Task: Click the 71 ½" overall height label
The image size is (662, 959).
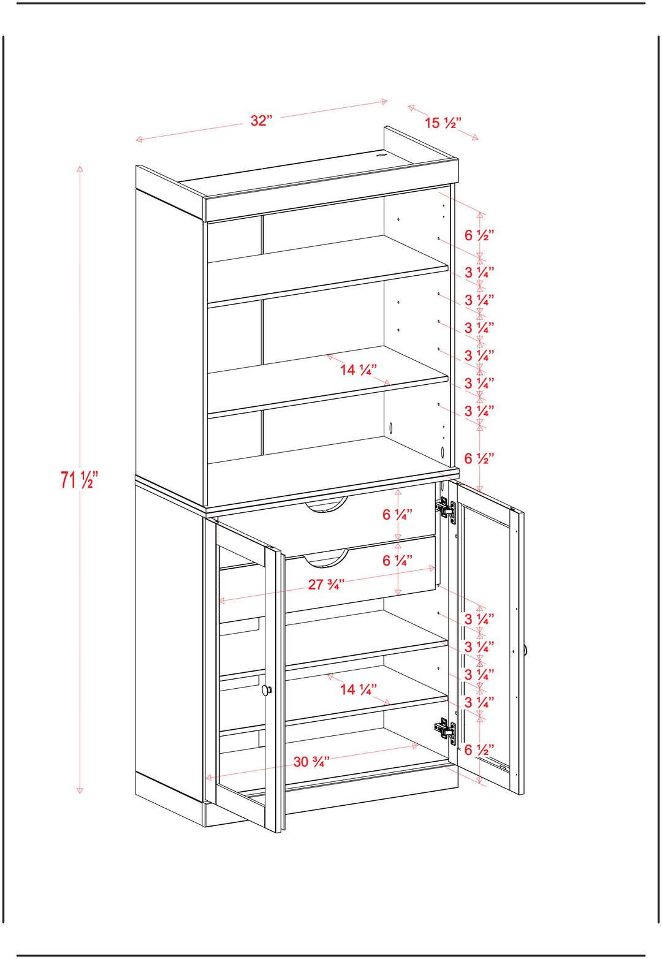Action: point(80,479)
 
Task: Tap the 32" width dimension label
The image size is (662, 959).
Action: point(261,121)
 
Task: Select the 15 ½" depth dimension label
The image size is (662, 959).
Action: point(443,123)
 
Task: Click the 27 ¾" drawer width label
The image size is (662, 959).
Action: point(326,584)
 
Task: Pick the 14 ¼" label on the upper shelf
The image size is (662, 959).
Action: point(359,370)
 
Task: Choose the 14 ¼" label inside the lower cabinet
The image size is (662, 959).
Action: point(359,689)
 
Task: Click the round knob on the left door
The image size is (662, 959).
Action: point(267,690)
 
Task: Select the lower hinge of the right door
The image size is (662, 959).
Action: point(446,730)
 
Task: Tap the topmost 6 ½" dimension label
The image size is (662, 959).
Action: point(479,235)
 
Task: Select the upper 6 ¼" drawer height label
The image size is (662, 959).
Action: point(397,514)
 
